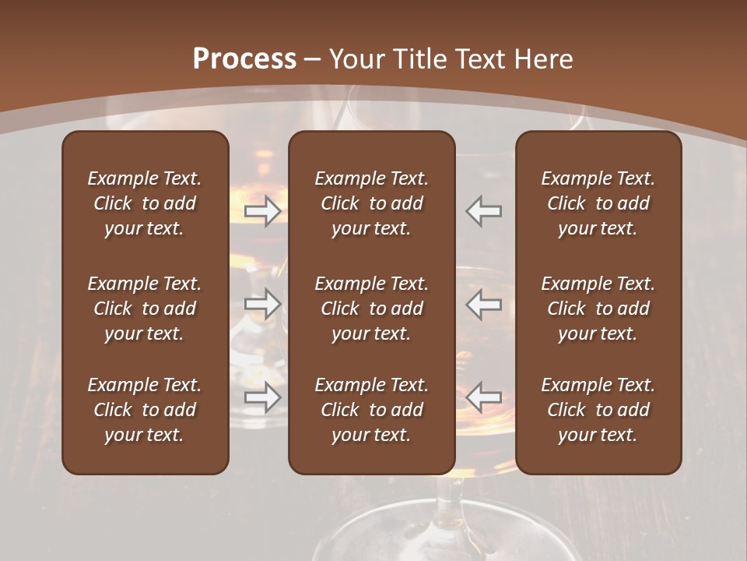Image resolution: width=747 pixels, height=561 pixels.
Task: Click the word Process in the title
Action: coord(244,59)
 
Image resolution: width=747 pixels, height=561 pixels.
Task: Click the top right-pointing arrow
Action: coord(262,211)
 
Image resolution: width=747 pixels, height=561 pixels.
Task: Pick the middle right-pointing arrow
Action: coord(262,303)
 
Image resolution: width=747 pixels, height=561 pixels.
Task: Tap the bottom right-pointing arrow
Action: coord(262,397)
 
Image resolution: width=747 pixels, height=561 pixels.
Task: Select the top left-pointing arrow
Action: coord(484,211)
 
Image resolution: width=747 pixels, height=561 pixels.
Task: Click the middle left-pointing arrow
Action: coord(484,303)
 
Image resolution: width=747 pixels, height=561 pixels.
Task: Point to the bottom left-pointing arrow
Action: coord(484,397)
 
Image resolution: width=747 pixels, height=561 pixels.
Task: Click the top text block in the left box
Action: coord(145,203)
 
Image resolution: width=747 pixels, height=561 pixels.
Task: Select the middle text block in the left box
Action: coord(145,309)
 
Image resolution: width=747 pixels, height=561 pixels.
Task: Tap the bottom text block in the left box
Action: coord(145,410)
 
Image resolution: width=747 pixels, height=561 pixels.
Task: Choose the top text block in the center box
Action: coord(371,203)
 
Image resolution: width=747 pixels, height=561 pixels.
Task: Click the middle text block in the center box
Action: coord(371,309)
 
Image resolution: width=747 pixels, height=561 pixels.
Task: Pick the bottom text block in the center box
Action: coord(371,410)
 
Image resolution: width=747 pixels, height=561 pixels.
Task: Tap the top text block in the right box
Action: coord(598,203)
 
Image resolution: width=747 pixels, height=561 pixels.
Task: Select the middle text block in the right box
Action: coord(598,309)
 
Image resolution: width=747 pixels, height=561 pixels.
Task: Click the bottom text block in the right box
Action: coord(598,410)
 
